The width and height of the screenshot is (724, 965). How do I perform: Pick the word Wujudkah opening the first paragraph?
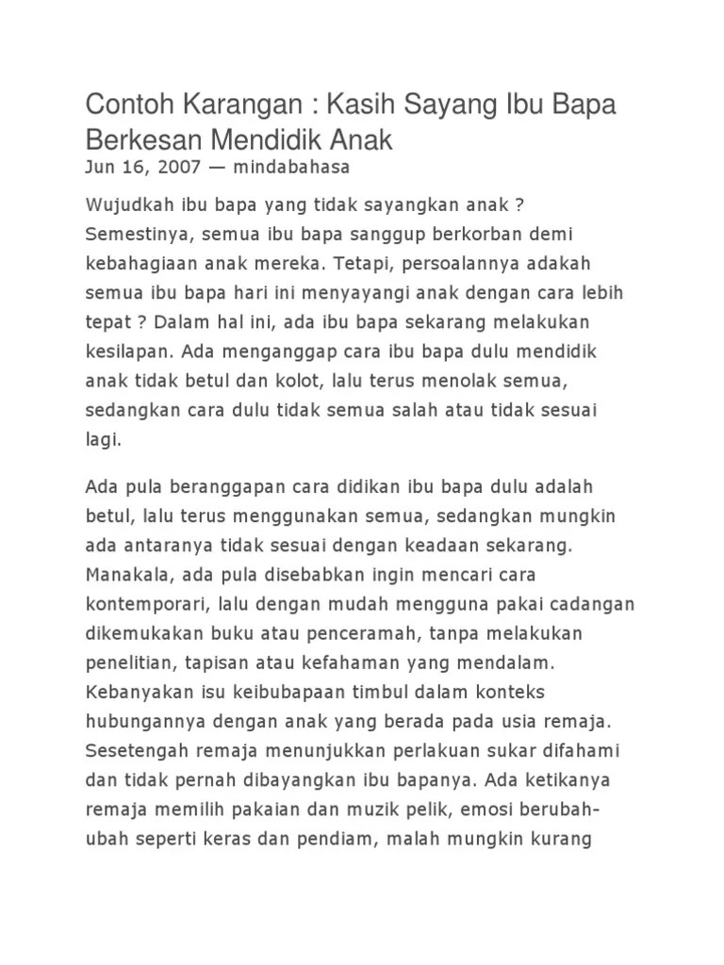pos(126,205)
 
